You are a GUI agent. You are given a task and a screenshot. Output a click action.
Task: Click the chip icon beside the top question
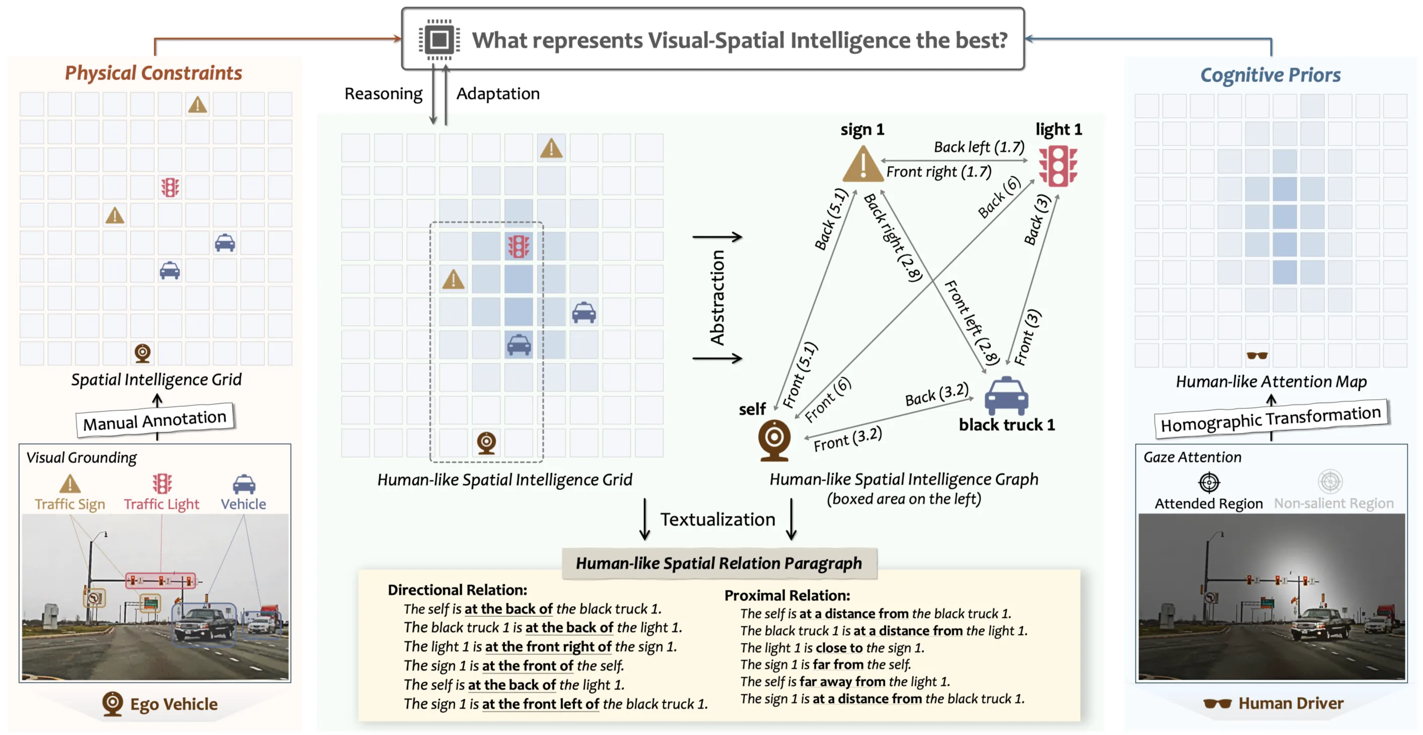coord(439,40)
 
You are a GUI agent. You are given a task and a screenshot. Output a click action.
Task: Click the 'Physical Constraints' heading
coord(154,73)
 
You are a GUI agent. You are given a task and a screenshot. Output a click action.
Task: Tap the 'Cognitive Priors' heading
coord(1270,75)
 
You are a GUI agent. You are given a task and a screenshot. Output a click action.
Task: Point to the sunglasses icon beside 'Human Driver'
coord(1217,703)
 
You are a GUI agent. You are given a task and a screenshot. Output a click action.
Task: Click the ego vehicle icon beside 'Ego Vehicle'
coord(113,703)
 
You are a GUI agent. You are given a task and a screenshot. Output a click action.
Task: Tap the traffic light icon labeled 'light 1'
coord(1057,166)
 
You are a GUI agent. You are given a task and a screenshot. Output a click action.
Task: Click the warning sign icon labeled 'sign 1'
coord(862,165)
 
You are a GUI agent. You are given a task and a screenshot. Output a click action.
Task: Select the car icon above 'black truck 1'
coord(1006,395)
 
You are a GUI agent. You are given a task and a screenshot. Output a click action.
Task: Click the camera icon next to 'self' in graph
coord(774,439)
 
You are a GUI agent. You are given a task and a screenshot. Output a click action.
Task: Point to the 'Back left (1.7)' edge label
coord(979,147)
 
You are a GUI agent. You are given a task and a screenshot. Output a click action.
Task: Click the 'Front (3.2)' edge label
coord(847,439)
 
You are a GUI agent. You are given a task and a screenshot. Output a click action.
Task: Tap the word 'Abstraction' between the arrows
coord(717,298)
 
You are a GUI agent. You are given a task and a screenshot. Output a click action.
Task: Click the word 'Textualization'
coord(718,519)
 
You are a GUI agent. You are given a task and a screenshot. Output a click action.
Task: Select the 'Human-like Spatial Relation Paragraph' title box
coord(719,563)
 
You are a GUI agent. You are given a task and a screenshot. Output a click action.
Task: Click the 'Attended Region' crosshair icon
coord(1208,482)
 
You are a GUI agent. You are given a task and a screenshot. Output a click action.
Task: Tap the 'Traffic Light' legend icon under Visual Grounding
coord(162,484)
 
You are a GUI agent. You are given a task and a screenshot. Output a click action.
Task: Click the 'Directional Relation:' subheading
coord(457,590)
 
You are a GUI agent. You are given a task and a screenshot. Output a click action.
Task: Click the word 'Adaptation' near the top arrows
coord(497,93)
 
